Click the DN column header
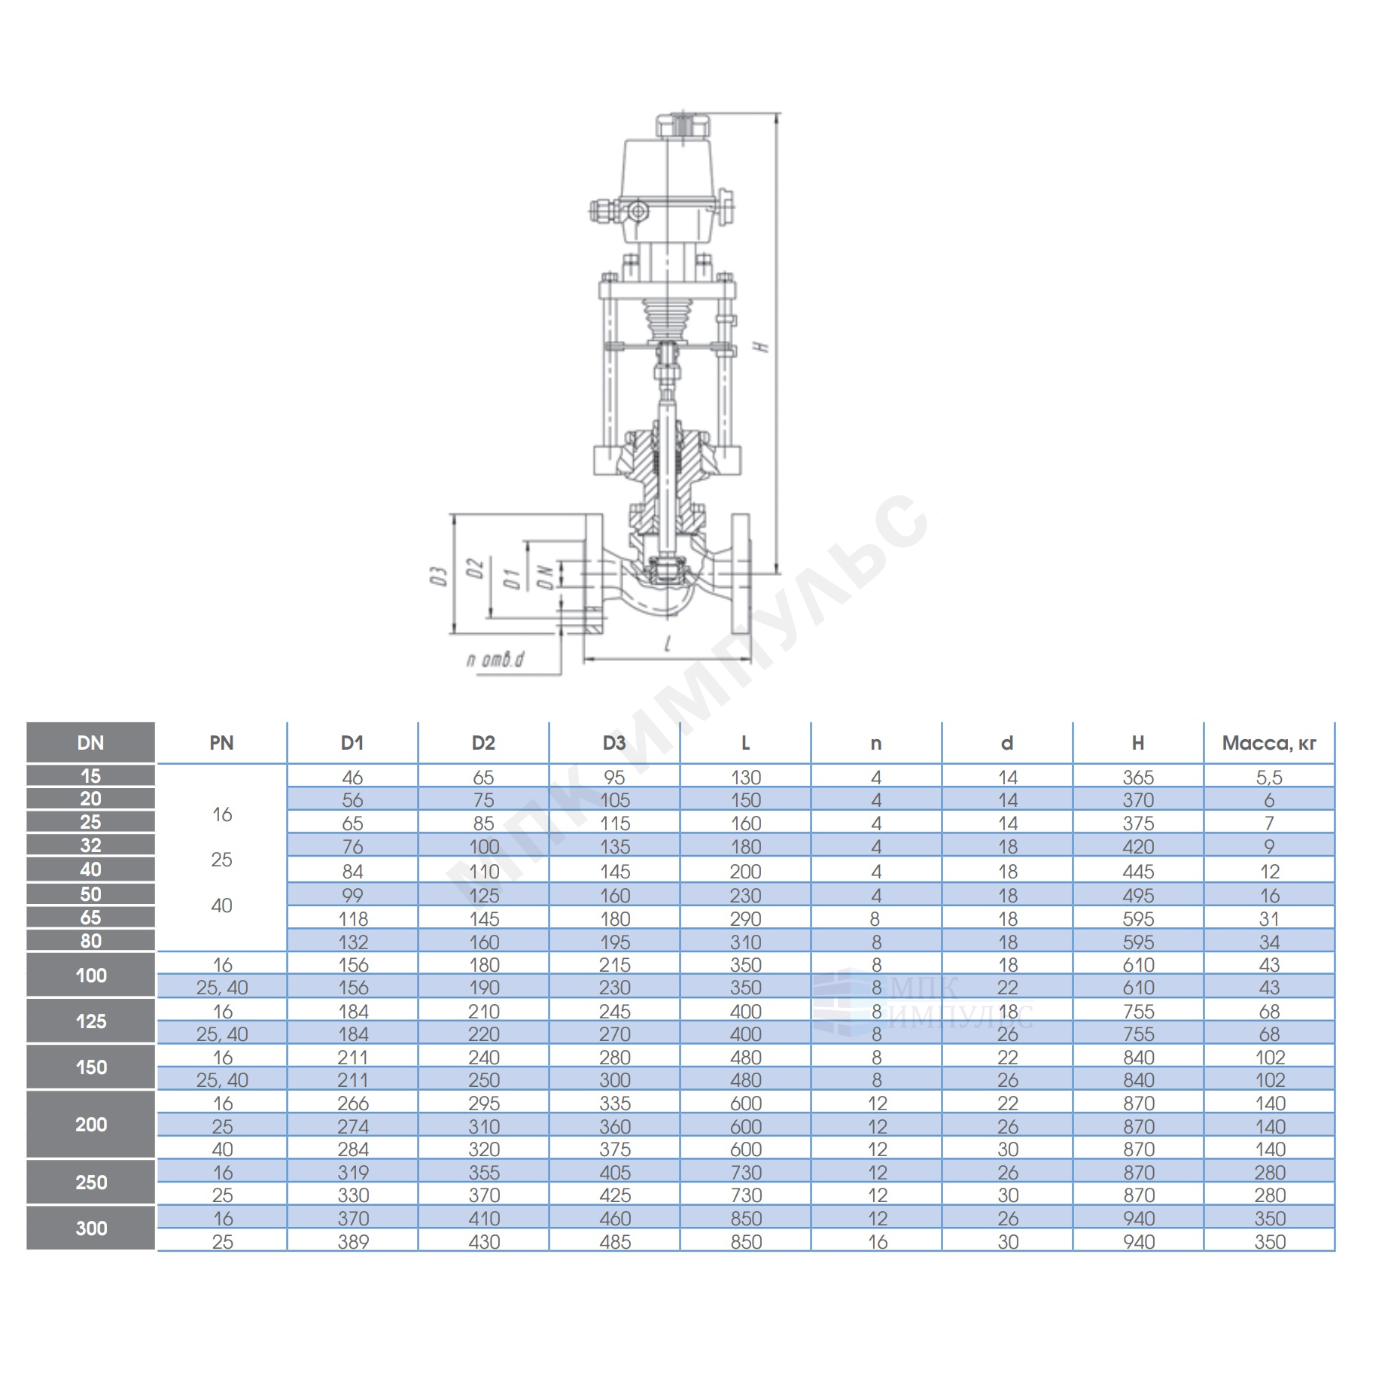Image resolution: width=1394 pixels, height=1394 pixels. coord(90,742)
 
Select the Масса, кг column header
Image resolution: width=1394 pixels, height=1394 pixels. coord(1268,743)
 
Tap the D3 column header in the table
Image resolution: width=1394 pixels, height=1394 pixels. coord(614,743)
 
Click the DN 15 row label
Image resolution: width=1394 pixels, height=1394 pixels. coord(90,775)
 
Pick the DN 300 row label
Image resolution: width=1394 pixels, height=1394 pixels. coord(90,1228)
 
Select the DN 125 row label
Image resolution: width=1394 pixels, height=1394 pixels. coord(90,1021)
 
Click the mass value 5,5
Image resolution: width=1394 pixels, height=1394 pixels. coord(1269,777)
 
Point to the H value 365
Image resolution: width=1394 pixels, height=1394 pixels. coord(1138,777)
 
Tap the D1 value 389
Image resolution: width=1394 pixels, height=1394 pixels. coord(353,1241)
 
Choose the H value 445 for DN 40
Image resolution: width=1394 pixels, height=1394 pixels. coord(1138,871)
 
